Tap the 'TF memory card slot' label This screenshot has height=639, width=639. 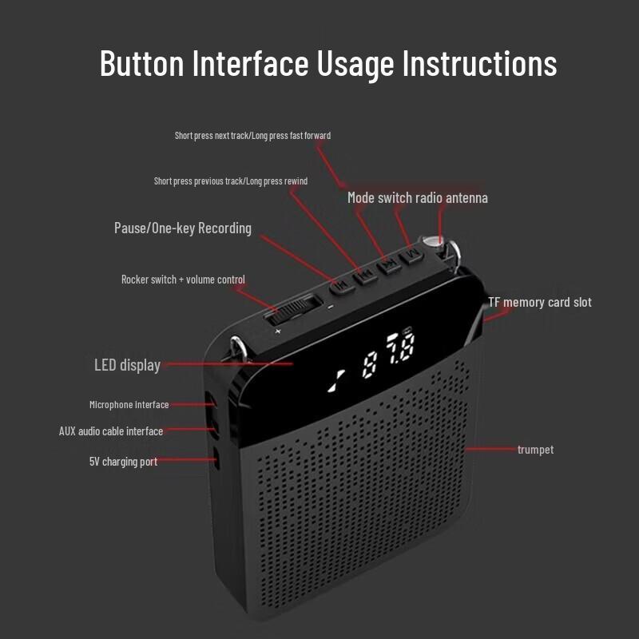(x=540, y=302)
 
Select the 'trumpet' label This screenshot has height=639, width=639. (x=535, y=450)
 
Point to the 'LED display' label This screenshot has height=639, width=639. (x=127, y=365)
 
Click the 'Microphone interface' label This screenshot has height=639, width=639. (x=129, y=405)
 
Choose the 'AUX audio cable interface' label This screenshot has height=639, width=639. (x=110, y=431)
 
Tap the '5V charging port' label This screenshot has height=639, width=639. (x=123, y=462)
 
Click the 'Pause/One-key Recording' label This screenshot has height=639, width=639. (x=182, y=228)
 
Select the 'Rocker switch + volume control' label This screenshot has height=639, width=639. (x=183, y=280)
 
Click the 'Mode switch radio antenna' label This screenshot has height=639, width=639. (x=417, y=197)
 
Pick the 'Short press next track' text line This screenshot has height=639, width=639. (x=252, y=136)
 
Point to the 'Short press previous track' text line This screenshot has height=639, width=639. (x=230, y=181)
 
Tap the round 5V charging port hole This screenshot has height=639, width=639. (x=216, y=458)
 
